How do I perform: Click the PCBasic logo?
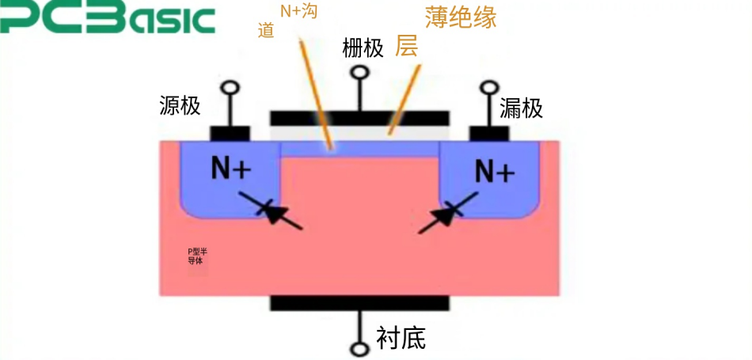pyautogui.click(x=108, y=19)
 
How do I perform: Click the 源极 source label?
pyautogui.click(x=180, y=105)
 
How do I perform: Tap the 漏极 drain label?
pyautogui.click(x=522, y=108)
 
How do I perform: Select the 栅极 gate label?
pyautogui.click(x=363, y=47)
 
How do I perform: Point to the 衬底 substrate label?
pyautogui.click(x=401, y=339)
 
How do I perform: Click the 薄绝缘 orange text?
pyautogui.click(x=461, y=17)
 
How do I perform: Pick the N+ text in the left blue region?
pyautogui.click(x=230, y=168)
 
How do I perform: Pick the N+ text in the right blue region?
pyautogui.click(x=495, y=169)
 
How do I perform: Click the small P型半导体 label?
pyautogui.click(x=197, y=256)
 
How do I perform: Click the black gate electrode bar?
pyautogui.click(x=360, y=118)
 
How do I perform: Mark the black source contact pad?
pyautogui.click(x=230, y=133)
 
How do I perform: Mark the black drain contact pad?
pyautogui.click(x=489, y=133)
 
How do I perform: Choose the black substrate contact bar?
pyautogui.click(x=360, y=304)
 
